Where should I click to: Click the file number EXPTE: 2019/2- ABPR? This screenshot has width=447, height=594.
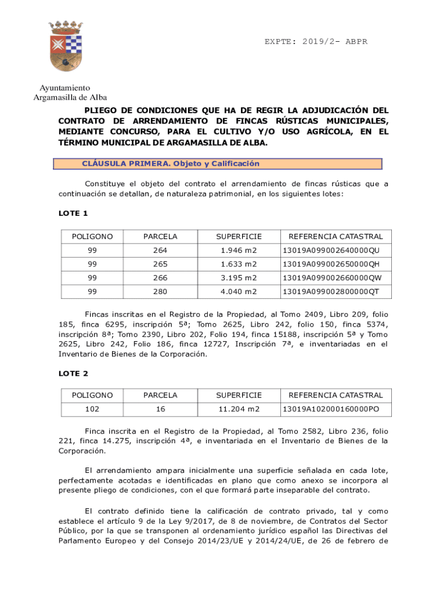point(316,42)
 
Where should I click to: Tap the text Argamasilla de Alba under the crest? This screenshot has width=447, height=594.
point(70,97)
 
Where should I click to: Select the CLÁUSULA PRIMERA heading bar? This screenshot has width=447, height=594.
point(218,164)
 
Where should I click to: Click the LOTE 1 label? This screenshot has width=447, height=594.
point(73,213)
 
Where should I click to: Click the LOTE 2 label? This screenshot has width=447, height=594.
point(73,373)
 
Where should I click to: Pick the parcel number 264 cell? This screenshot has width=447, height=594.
point(160,251)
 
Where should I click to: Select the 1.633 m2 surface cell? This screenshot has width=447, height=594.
point(239,264)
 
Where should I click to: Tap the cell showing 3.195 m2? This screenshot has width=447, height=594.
point(239,278)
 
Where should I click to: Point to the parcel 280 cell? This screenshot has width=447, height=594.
point(160,292)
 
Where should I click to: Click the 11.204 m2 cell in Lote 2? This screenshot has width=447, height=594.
point(239,409)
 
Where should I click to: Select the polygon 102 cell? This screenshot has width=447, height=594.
point(92,409)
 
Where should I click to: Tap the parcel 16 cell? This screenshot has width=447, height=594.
point(160,409)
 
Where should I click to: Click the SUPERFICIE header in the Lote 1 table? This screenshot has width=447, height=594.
point(239,237)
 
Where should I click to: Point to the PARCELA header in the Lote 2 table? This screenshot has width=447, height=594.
point(160,395)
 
